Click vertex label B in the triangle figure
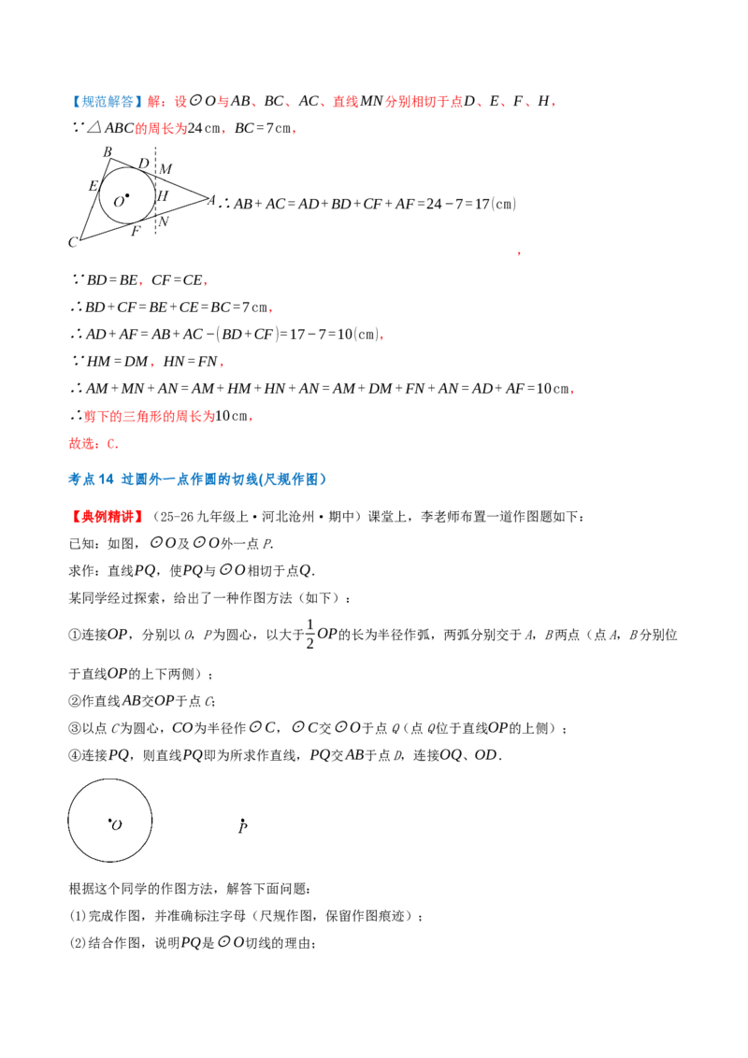108,152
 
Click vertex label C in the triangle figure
73,242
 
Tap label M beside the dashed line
165,168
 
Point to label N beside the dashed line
163,222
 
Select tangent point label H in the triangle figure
162,195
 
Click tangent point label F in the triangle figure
136,232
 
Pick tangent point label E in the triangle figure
93,186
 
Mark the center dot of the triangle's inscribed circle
127,196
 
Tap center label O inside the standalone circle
117,825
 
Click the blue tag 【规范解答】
106,101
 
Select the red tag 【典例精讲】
107,517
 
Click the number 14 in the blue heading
106,479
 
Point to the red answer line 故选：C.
93,443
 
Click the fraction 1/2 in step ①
309,635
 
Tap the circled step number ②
75,701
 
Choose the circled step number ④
75,755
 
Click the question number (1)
79,916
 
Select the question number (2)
79,943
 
